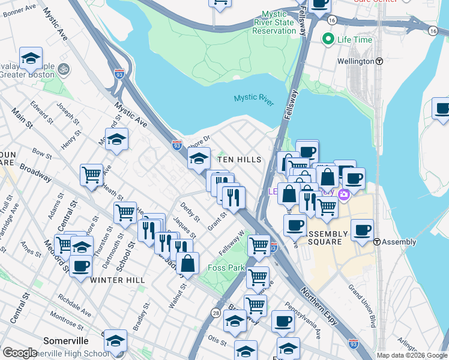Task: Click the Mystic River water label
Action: pyautogui.click(x=254, y=98)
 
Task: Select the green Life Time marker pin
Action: pyautogui.click(x=328, y=40)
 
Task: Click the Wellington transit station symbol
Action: pyautogui.click(x=379, y=61)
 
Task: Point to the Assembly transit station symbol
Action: pyautogui.click(x=377, y=242)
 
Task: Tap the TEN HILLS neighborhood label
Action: pyautogui.click(x=240, y=160)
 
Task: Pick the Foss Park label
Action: pyautogui.click(x=226, y=268)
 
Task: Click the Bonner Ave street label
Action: pyautogui.click(x=19, y=10)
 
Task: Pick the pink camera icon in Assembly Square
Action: pyautogui.click(x=344, y=194)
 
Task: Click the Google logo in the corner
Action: pyautogui.click(x=20, y=353)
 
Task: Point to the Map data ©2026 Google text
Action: pyautogui.click(x=412, y=355)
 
